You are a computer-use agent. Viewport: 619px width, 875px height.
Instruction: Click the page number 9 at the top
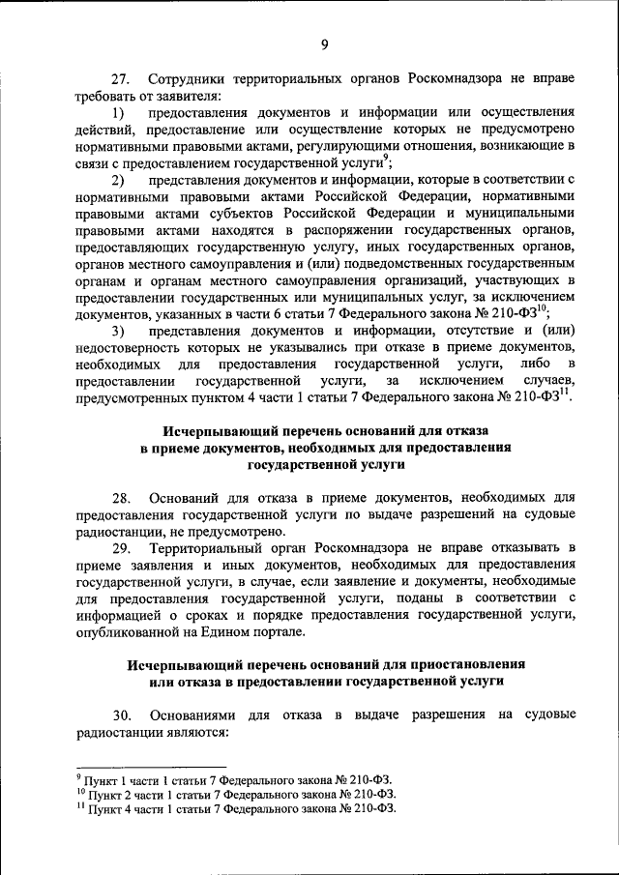pos(325,44)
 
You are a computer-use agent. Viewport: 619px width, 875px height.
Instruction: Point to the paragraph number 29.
pos(123,548)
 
